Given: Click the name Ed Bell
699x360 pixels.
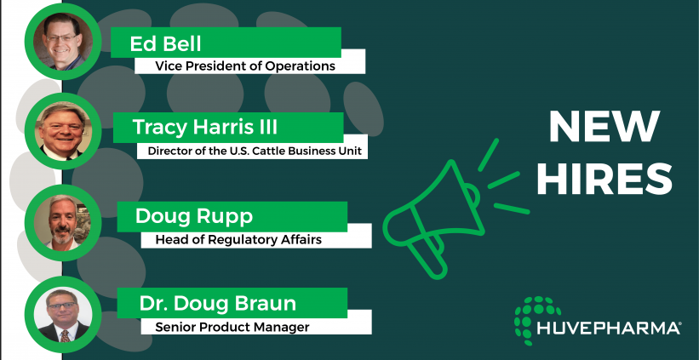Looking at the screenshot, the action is point(165,43).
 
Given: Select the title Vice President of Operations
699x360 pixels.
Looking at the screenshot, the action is point(245,66).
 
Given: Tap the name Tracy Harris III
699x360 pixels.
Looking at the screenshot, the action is point(205,127).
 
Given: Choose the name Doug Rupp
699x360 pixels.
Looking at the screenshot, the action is point(194,216).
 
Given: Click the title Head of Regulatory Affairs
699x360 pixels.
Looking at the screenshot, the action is point(238,240).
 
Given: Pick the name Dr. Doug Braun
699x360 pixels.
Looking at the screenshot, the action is point(218,304).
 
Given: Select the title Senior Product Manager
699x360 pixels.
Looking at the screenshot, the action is point(232,328).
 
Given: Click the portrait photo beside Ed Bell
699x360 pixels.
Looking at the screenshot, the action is point(63,42).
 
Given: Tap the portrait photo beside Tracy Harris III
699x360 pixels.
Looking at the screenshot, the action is point(63,131).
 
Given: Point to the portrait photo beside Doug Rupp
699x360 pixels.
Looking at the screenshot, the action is point(63,222).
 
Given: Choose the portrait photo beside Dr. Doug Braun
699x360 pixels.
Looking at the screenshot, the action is point(63,315).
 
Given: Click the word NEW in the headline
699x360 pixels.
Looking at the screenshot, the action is point(604,127).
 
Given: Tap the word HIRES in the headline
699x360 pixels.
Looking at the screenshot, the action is point(604,179).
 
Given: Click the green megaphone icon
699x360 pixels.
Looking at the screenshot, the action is point(455,209).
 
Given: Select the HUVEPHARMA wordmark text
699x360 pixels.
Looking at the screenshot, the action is point(609,329).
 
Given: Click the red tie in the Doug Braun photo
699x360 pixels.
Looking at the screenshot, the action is point(65,336).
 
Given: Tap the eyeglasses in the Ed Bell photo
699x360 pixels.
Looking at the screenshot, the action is point(61,38).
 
